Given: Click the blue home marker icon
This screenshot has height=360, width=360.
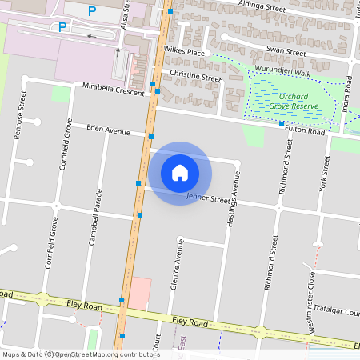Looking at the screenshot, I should [180, 171].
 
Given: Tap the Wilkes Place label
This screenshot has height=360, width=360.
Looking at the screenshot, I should [185, 52].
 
